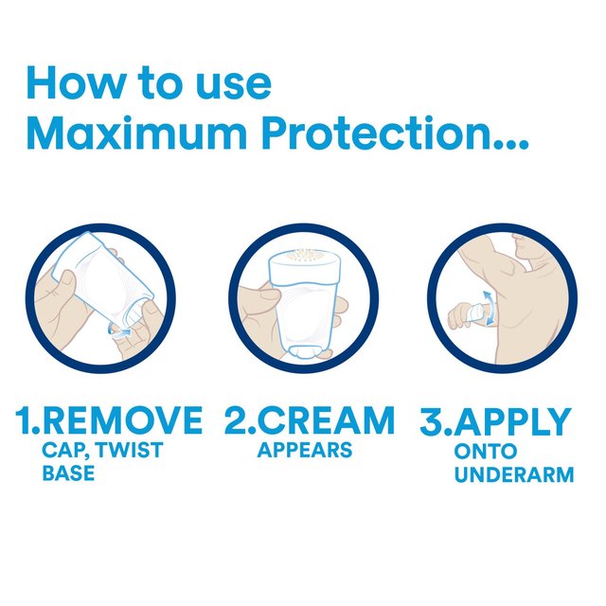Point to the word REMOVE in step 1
pos(123,420)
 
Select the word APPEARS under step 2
pos(304,450)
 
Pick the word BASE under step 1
pos(68,472)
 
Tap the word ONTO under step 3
pos(485,452)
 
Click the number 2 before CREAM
pos(234,420)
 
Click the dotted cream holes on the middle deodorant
pos(303,257)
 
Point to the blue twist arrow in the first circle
pos(120,329)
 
